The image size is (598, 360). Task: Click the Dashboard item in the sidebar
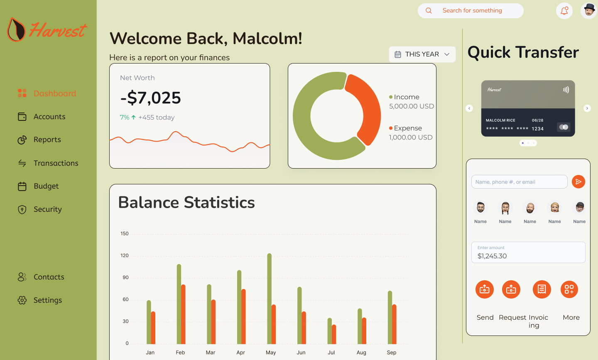(54, 93)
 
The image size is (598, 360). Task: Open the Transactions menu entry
(56, 163)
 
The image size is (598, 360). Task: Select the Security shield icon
(22, 210)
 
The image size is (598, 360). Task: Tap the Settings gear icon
(22, 300)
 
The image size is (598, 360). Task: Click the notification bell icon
(564, 11)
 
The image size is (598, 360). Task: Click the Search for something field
(472, 11)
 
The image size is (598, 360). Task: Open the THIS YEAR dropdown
(422, 54)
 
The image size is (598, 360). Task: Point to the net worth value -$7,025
(151, 98)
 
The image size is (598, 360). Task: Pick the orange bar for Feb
(183, 314)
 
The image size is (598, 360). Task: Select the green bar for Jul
(330, 331)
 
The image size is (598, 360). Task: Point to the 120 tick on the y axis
(125, 256)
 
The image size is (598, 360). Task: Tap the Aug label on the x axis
(361, 353)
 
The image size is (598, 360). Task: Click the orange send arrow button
(578, 182)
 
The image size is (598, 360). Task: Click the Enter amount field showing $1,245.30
(528, 252)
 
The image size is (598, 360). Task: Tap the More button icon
(569, 289)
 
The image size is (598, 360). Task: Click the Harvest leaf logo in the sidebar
(16, 29)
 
